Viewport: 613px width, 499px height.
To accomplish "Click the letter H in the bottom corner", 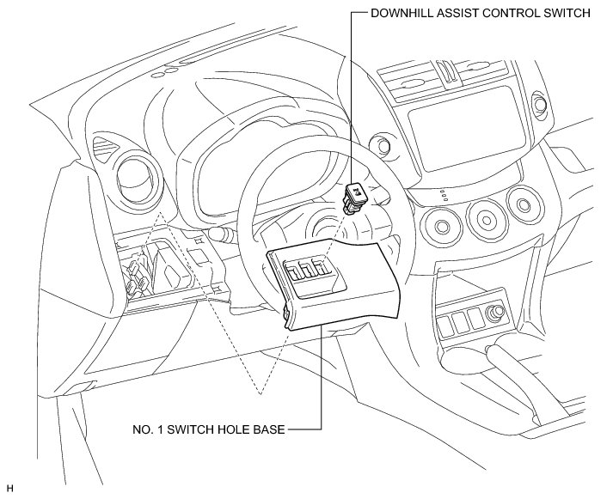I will [x=9, y=489].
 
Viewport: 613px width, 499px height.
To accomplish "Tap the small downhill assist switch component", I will [x=355, y=197].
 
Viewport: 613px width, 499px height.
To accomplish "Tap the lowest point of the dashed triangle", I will [x=259, y=393].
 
